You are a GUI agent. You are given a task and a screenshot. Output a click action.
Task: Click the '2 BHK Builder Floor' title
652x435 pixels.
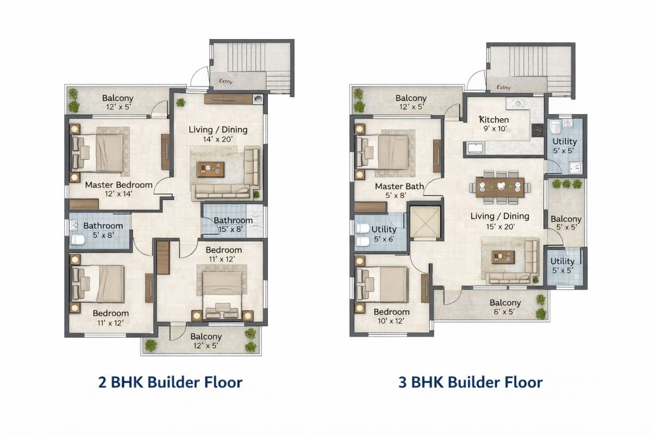click(170, 382)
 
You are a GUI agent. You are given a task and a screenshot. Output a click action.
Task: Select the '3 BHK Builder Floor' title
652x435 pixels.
click(471, 382)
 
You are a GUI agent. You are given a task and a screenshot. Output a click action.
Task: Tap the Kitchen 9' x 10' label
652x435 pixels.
click(494, 124)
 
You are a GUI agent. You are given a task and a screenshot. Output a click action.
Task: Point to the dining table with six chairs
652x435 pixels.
click(500, 187)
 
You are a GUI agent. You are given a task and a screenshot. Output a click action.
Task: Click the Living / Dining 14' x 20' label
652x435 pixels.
click(218, 134)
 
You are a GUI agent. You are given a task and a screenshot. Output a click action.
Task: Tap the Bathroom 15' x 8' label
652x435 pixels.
click(233, 225)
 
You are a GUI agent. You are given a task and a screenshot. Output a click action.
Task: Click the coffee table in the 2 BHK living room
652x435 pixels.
click(211, 170)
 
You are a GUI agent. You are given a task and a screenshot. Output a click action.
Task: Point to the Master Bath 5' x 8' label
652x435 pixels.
click(399, 190)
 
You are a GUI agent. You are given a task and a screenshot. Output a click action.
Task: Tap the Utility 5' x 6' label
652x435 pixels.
click(383, 234)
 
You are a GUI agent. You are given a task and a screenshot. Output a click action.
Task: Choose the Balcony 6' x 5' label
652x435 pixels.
click(505, 307)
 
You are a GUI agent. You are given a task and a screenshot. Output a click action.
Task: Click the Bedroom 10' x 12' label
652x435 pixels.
click(391, 316)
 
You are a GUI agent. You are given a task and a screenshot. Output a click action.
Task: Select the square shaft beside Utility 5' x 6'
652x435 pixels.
click(424, 222)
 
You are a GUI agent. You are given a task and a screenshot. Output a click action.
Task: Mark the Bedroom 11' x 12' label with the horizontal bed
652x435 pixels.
click(224, 254)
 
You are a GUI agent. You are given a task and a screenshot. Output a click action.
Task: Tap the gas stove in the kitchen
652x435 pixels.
click(537, 130)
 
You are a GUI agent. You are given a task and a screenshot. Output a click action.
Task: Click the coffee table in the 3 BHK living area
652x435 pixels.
click(502, 256)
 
